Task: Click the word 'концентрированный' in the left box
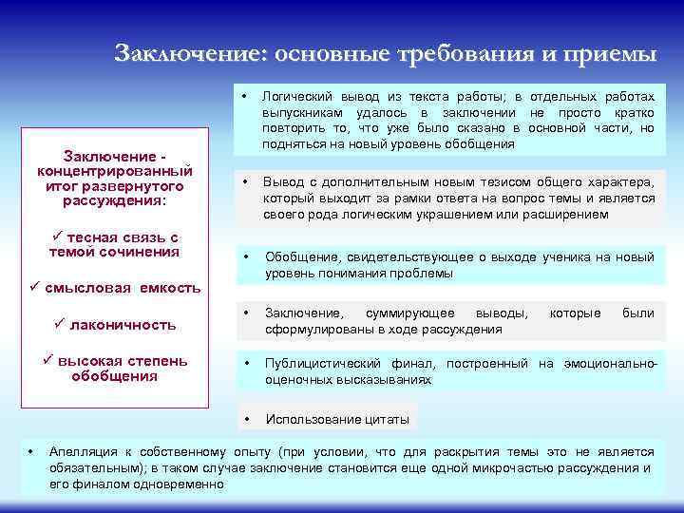coord(115,171)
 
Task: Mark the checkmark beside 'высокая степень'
coord(50,361)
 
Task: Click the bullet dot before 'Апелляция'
coord(31,452)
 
